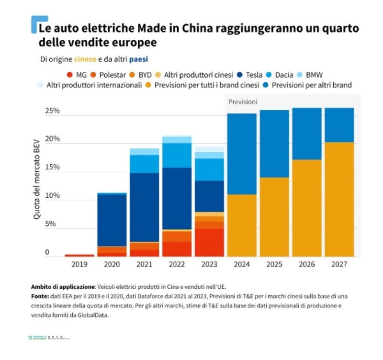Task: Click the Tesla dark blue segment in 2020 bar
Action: pyautogui.click(x=112, y=220)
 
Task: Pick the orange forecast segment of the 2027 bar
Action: pyautogui.click(x=339, y=199)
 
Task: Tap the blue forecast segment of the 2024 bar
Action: pyautogui.click(x=242, y=153)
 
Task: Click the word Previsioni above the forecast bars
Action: pyautogui.click(x=242, y=102)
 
